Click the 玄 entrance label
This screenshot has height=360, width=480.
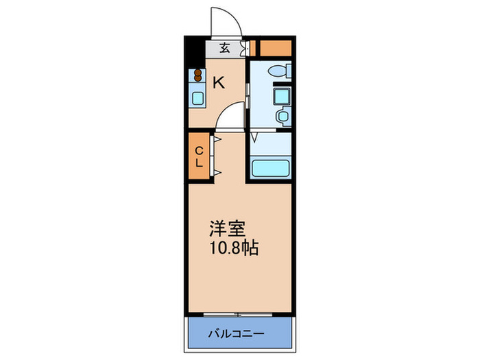point(225,48)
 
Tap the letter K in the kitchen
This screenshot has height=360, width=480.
point(218,83)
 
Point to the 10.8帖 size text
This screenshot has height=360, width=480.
point(234,248)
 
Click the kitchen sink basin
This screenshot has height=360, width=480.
point(197,97)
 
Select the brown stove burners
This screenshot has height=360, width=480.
point(197,75)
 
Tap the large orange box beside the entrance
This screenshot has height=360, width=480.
point(274,48)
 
